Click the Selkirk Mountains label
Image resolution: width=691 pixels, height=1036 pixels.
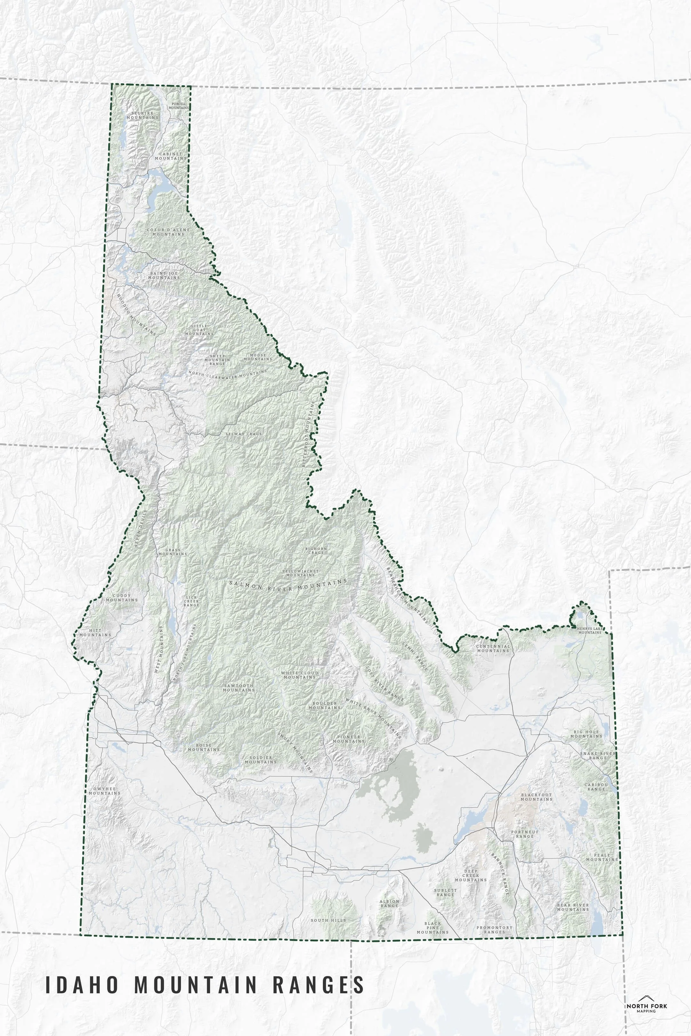coord(142,115)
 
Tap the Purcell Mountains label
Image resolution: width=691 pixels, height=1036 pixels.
coord(179,106)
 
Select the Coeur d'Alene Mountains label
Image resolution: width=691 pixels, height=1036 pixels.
coord(168,232)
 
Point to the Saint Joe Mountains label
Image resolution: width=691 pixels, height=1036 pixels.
coord(164,275)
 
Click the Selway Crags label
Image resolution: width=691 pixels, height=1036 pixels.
coord(244,434)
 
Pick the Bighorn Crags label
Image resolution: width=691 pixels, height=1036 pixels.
coord(316,551)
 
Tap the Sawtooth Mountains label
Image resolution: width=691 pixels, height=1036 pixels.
coord(239,687)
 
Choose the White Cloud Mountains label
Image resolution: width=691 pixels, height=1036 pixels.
coord(300,675)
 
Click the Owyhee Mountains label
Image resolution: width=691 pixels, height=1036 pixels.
coord(104,791)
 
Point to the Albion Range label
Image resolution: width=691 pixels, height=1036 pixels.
coord(389,903)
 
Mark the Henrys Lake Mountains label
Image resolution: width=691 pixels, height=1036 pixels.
coord(590,630)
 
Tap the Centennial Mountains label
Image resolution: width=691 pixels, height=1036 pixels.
coord(493,648)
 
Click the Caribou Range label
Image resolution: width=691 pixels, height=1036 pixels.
coord(596,787)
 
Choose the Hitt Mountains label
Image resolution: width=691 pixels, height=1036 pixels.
coord(95,632)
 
